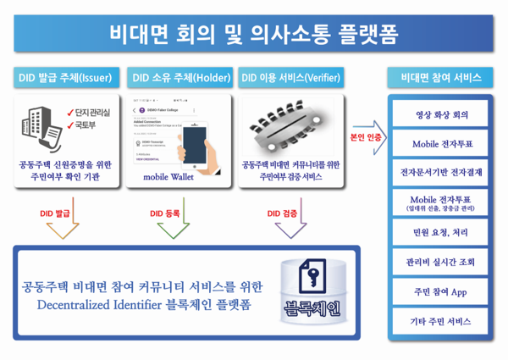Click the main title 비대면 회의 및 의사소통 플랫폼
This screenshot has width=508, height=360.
(x=253, y=34)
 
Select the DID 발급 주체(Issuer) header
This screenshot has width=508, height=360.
(x=64, y=78)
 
